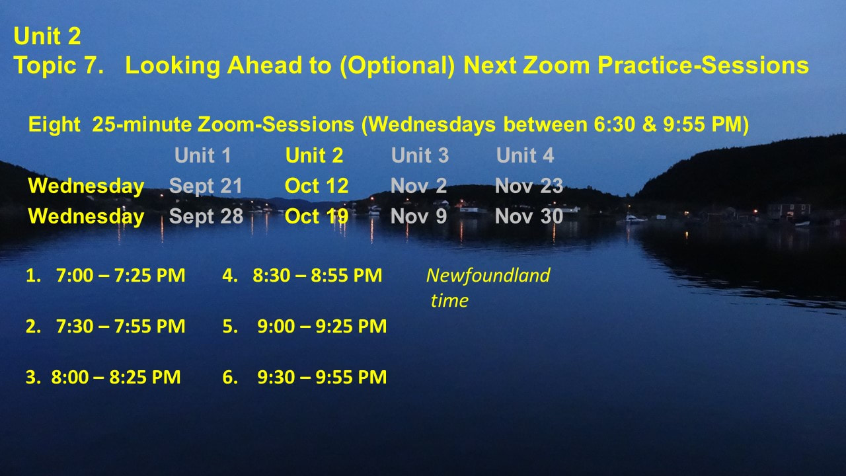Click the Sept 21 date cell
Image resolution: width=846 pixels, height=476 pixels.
206,186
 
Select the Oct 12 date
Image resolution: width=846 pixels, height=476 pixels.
317,186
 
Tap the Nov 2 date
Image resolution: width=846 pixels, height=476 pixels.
418,186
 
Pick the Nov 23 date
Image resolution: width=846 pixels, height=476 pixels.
529,186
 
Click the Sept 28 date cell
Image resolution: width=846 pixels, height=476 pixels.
206,216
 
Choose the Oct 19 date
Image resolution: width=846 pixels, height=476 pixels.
317,216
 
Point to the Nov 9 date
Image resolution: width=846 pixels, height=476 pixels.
418,216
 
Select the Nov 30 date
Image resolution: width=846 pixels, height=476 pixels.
529,216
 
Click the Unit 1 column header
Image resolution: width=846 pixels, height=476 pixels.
203,155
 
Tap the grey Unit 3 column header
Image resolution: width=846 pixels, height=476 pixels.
420,155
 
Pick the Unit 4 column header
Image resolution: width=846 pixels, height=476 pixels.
525,155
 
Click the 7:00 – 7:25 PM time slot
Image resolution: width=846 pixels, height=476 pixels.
120,276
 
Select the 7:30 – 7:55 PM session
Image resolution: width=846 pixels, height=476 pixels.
120,327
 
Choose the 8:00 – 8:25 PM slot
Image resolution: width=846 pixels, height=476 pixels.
116,377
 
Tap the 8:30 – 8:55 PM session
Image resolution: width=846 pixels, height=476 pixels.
317,276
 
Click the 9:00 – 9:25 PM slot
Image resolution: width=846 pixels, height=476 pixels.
322,327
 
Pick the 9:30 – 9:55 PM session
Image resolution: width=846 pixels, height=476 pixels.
322,377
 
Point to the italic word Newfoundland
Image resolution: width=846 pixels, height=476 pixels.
488,276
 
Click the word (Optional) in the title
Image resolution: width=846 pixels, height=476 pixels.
397,65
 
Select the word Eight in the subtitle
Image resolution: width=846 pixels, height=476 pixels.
54,125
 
